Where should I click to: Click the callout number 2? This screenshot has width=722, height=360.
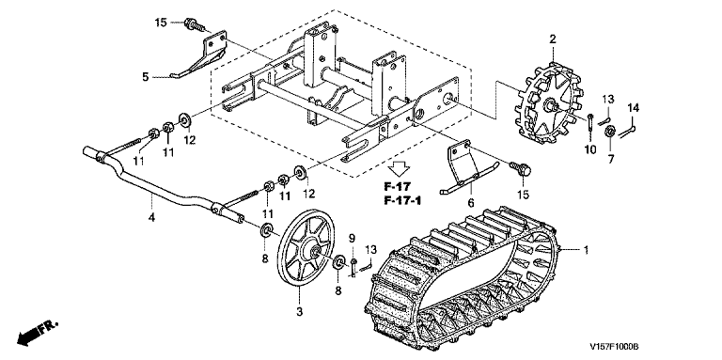pyautogui.click(x=553, y=39)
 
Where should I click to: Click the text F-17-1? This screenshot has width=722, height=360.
pyautogui.click(x=403, y=201)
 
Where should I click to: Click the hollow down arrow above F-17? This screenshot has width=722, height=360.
pyautogui.click(x=400, y=168)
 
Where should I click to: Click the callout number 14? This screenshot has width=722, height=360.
pyautogui.click(x=633, y=108)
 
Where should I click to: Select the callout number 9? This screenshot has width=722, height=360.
pyautogui.click(x=353, y=239)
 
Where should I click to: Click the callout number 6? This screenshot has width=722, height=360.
pyautogui.click(x=471, y=202)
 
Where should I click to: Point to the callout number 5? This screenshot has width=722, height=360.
pyautogui.click(x=145, y=77)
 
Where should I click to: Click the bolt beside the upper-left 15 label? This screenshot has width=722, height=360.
pyautogui.click(x=195, y=24)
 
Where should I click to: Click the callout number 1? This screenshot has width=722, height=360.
pyautogui.click(x=587, y=250)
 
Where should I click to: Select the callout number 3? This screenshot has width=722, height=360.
pyautogui.click(x=299, y=312)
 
